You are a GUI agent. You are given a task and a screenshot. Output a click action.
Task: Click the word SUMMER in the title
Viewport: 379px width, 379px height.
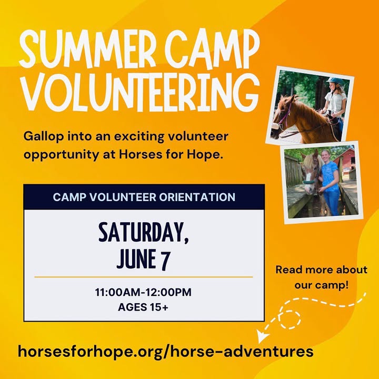pos(87,49)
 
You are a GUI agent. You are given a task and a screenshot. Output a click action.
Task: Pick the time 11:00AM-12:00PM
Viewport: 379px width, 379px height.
pos(143,292)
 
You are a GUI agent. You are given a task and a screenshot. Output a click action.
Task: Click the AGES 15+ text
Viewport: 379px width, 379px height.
pos(143,307)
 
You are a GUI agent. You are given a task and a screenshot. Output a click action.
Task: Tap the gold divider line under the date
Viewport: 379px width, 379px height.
pos(144,277)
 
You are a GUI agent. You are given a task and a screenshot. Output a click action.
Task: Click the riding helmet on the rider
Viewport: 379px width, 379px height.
pos(335,81)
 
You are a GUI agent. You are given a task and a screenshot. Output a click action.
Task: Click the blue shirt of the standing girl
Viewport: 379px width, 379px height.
pos(330,176)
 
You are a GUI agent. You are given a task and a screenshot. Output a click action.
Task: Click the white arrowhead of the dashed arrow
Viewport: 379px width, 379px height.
pos(262,336)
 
